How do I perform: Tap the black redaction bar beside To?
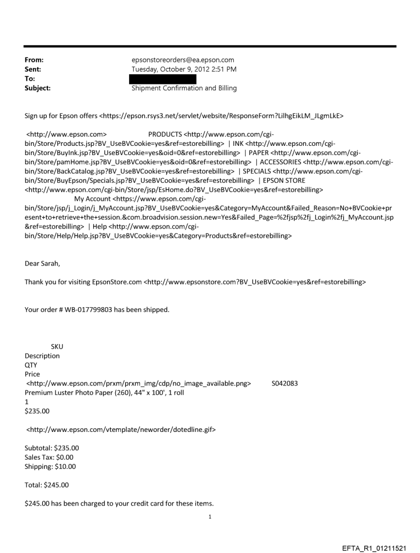[x=163, y=79]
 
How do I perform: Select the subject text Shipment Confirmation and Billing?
[x=184, y=88]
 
